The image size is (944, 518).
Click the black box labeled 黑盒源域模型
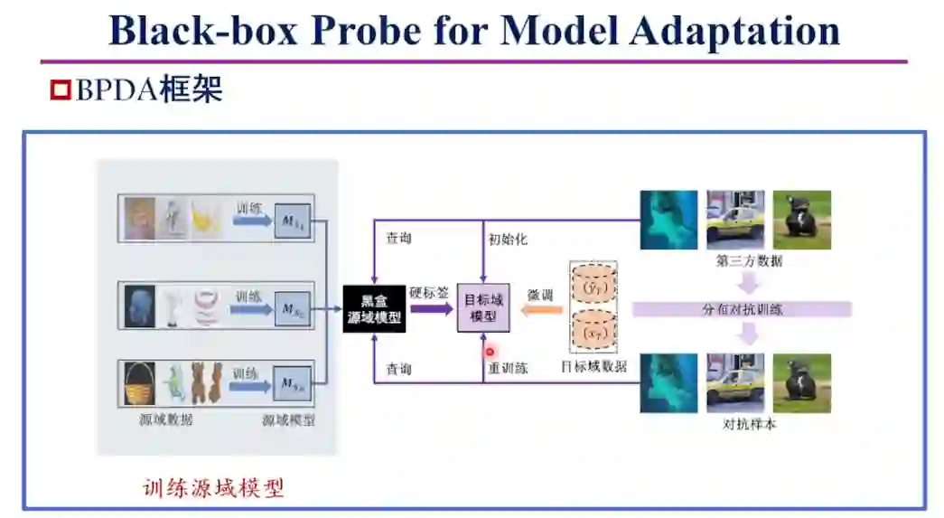click(374, 308)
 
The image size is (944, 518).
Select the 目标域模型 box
click(483, 308)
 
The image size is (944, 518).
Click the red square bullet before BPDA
click(61, 89)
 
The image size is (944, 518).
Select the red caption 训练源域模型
click(213, 488)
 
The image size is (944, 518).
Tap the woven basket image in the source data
click(139, 383)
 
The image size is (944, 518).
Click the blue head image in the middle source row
click(139, 306)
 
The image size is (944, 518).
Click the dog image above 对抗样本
click(801, 383)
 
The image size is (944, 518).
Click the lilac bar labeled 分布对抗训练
click(742, 309)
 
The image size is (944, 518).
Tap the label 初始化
click(508, 240)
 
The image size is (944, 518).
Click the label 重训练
click(508, 369)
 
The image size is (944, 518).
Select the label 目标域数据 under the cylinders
click(593, 366)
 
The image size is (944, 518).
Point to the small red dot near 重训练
click(491, 352)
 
